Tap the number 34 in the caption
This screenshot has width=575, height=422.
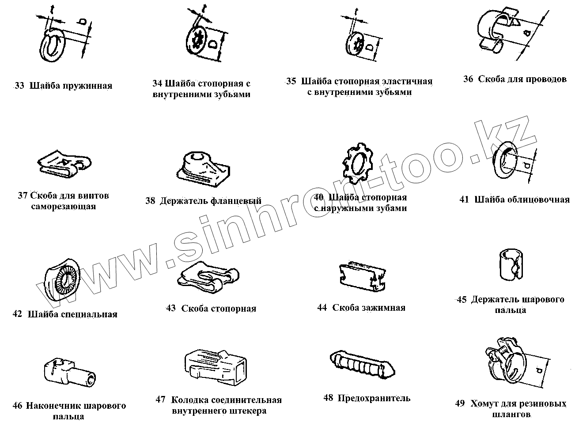pos(157,83)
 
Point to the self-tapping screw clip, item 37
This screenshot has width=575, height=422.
pos(64,165)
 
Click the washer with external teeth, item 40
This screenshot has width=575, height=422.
pos(358,162)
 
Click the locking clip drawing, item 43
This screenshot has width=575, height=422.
pos(208,278)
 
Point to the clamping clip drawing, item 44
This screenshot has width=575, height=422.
pos(363,277)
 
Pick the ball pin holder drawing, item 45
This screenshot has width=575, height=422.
pos(511,265)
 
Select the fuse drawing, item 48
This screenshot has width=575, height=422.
pos(362,365)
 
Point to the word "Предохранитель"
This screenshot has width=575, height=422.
pos(374,398)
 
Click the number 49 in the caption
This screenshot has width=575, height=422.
pos(460,403)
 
